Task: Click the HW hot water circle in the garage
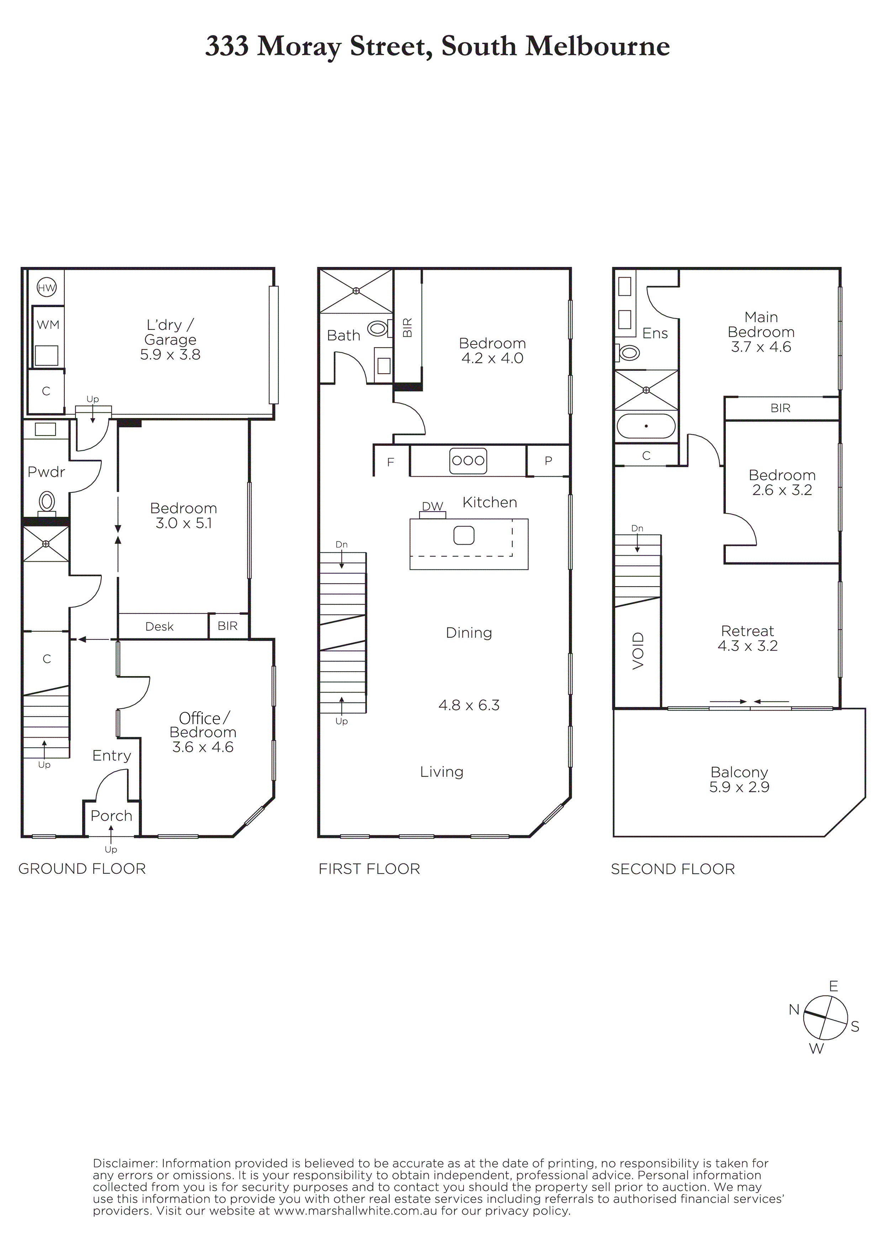(47, 288)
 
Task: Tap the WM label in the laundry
(48, 325)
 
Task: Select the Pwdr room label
(46, 472)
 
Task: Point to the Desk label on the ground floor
(159, 626)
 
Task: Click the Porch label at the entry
(111, 816)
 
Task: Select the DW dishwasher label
(433, 506)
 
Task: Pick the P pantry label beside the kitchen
(548, 461)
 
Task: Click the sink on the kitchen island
(464, 535)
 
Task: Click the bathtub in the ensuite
(646, 426)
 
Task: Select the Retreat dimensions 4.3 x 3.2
(748, 646)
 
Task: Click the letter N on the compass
(794, 1010)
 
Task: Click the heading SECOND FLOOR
(673, 869)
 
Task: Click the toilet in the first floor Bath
(379, 328)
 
